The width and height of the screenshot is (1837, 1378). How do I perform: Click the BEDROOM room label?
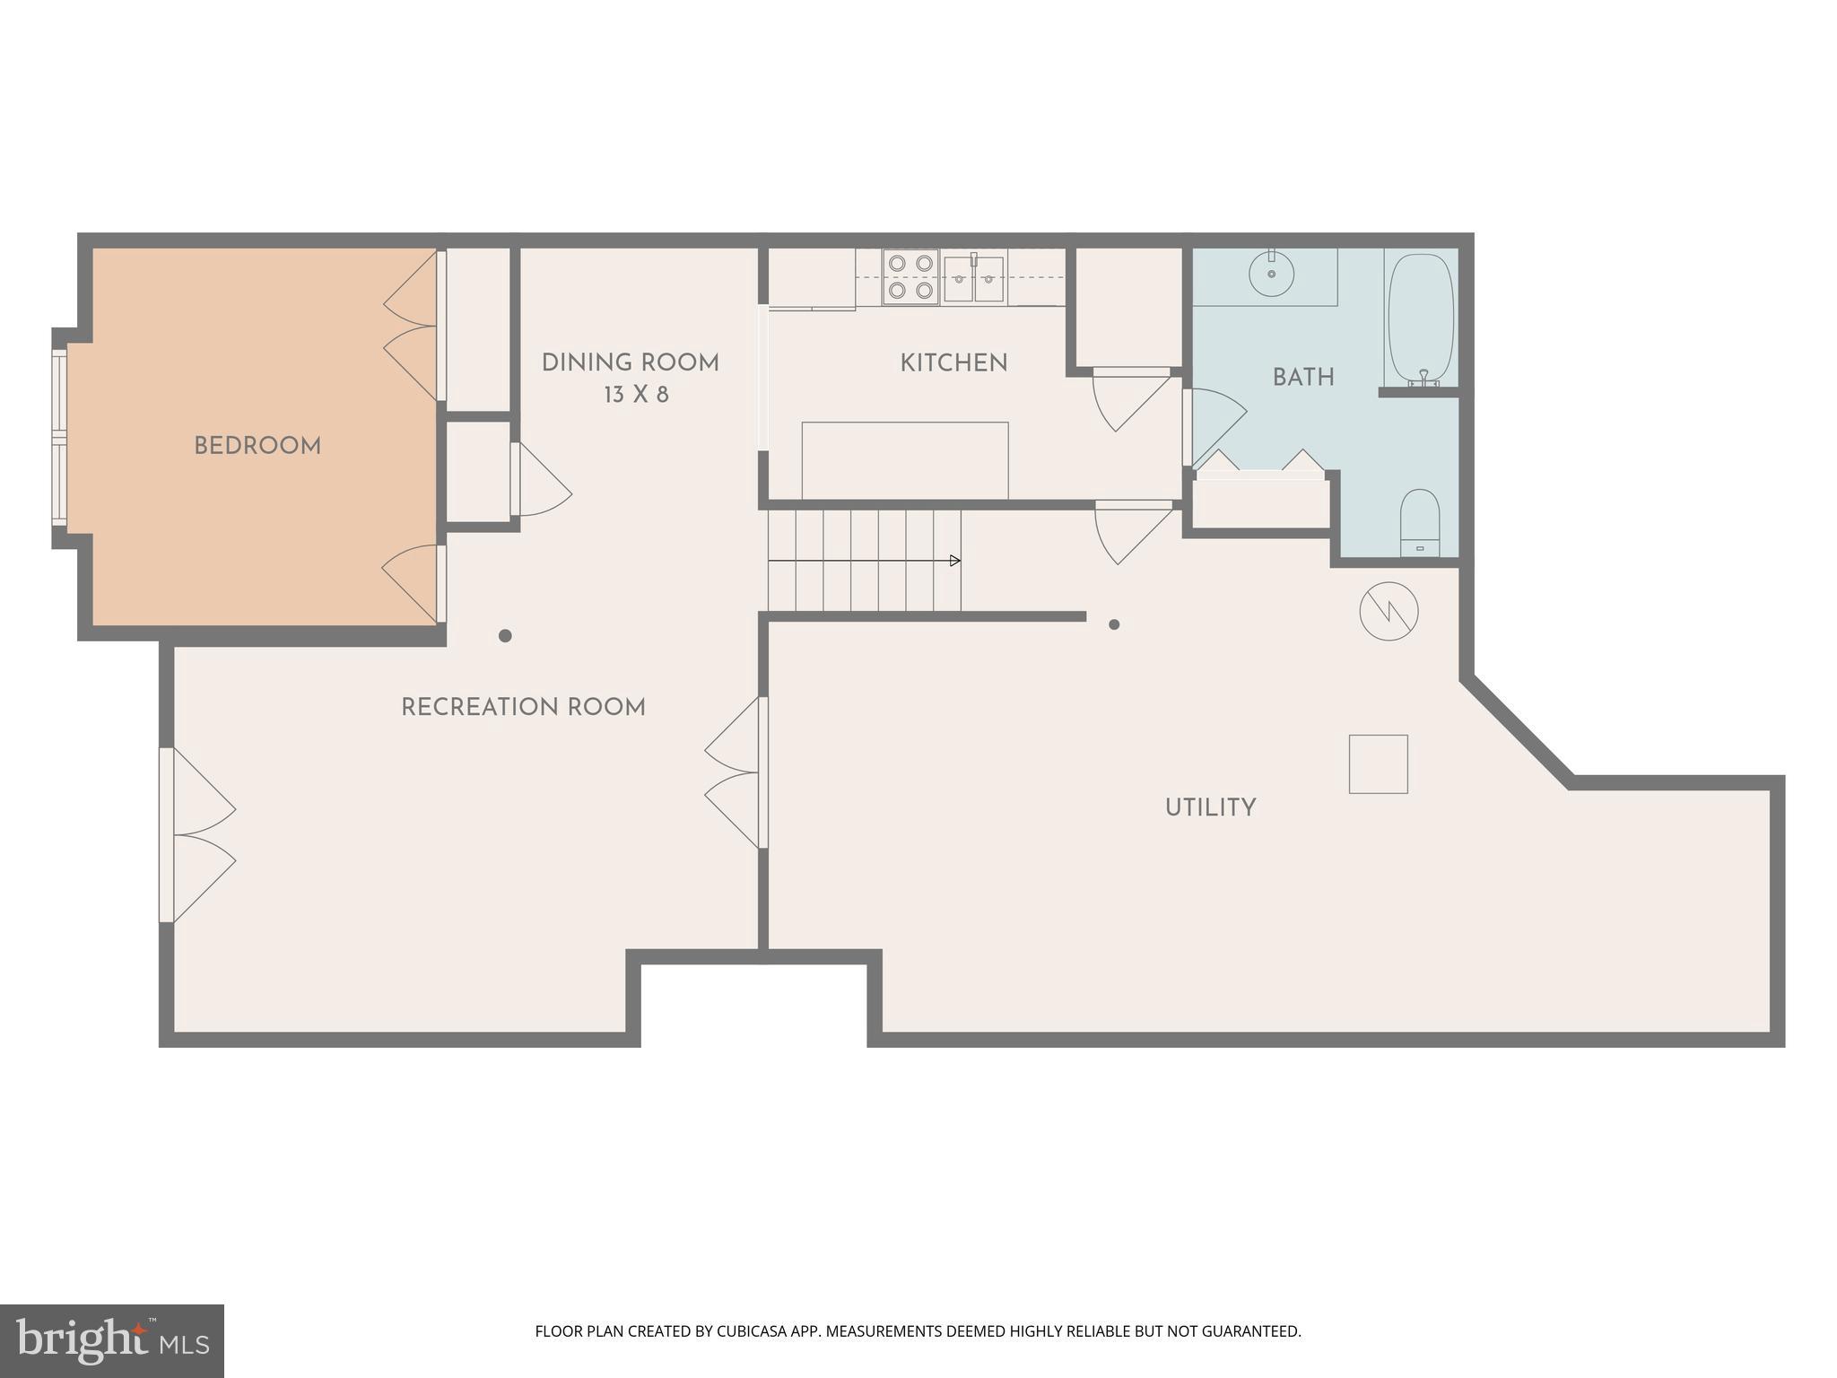pos(257,446)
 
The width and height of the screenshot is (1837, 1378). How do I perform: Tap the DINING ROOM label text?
pos(630,363)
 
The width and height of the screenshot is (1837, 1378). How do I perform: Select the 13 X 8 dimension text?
pos(636,395)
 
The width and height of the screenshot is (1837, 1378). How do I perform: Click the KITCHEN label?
pos(953,363)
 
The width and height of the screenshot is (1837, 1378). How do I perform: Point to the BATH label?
pos(1302,378)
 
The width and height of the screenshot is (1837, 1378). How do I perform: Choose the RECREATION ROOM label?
pos(523,708)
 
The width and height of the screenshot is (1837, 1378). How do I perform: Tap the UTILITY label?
pos(1210,807)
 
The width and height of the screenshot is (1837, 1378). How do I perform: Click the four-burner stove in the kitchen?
pos(910,277)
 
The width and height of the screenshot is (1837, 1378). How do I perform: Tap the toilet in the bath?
pos(1420,523)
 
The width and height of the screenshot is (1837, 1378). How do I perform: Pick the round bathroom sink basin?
pos(1271,273)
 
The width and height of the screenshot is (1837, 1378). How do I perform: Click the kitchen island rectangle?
pos(904,460)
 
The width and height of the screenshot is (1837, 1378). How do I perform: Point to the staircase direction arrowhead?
pos(955,561)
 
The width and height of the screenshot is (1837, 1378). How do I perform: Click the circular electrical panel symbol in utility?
pos(1389,612)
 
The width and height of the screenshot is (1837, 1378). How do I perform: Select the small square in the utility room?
pos(1378,763)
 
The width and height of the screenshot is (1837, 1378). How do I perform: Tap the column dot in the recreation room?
pos(505,636)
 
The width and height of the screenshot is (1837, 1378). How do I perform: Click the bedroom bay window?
pos(59,437)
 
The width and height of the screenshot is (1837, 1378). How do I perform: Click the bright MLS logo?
pos(111,1341)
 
